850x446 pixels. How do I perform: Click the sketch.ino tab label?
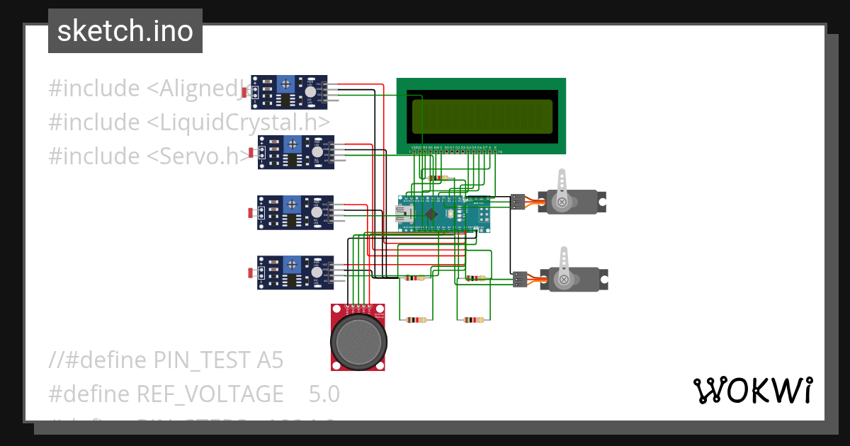(x=125, y=31)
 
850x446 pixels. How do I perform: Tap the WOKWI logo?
(x=752, y=390)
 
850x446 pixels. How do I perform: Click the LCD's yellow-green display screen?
(x=481, y=116)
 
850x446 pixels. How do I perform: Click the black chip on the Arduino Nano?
(x=430, y=214)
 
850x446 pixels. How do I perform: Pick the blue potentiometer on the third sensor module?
(x=290, y=205)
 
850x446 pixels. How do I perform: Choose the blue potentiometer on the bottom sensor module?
(x=290, y=265)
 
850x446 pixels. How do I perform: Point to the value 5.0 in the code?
(x=324, y=393)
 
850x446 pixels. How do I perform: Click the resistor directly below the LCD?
(x=439, y=178)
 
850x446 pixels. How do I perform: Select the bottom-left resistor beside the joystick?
(x=415, y=320)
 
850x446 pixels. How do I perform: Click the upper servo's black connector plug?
(x=518, y=202)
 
